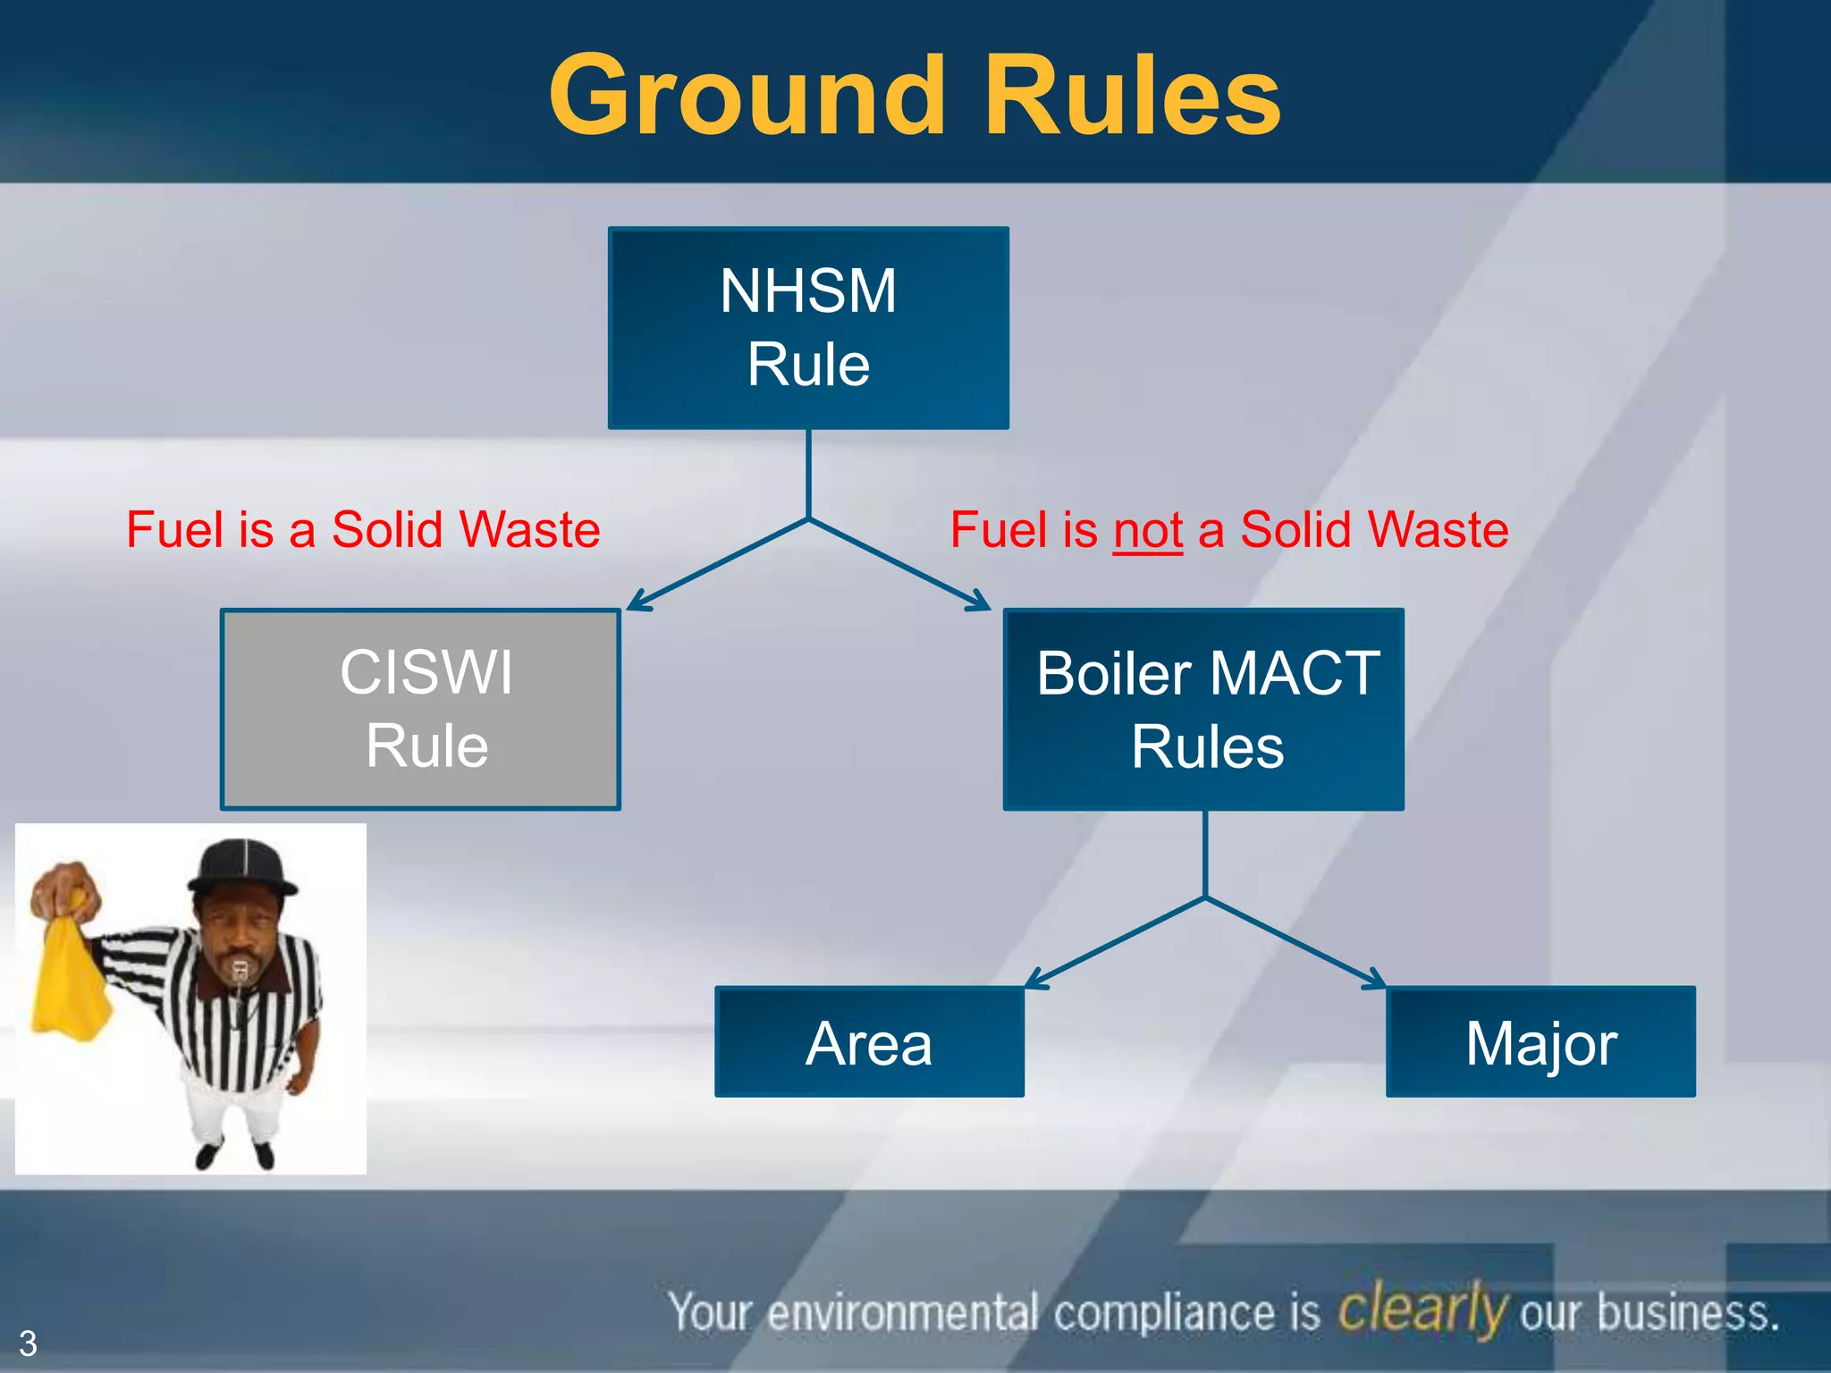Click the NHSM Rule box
(x=808, y=327)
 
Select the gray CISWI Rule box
(x=420, y=709)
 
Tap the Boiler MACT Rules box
(x=1203, y=709)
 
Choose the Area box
(x=869, y=1041)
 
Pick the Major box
(x=1540, y=1041)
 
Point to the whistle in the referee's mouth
(x=240, y=968)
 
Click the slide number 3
(x=28, y=1344)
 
